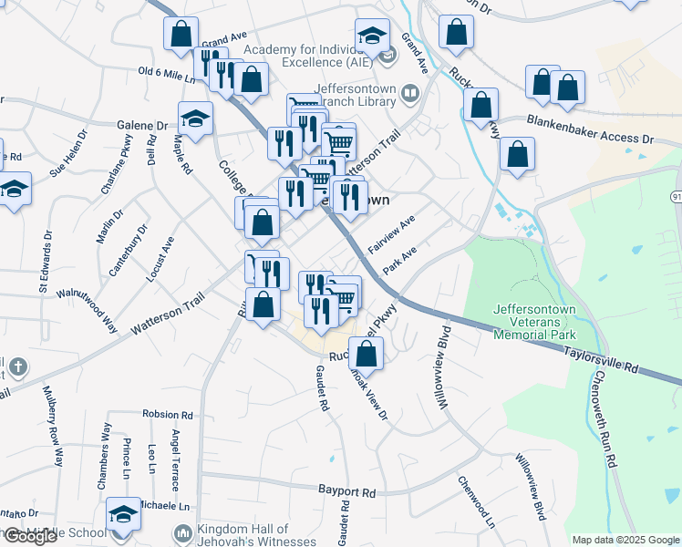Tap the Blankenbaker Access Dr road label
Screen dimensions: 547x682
point(590,127)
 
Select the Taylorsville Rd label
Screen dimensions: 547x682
point(599,356)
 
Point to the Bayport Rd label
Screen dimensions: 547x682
point(347,491)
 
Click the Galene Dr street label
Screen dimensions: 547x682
point(142,126)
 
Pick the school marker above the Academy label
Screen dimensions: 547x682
point(372,37)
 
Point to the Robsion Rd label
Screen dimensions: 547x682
point(170,414)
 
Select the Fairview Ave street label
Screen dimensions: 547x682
point(391,234)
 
